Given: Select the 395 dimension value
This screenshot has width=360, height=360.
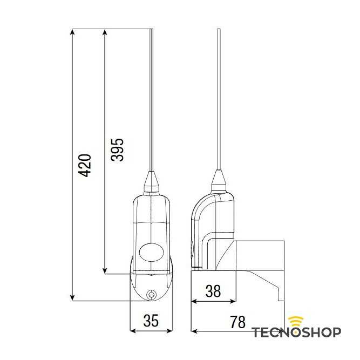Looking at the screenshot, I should pos(117,150).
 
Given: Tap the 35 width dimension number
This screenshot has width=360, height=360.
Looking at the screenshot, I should pos(152,321).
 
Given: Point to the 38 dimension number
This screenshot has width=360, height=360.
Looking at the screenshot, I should pos(213,291).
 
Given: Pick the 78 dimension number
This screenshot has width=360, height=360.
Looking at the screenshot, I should pos(237,322).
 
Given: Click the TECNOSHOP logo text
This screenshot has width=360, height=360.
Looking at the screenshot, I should pos(296,332).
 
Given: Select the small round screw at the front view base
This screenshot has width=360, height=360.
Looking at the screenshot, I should pos(152,294).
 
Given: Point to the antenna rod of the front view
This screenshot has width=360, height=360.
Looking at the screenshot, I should pos(152,97).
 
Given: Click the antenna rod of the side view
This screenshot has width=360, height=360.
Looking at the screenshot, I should pos(219,97).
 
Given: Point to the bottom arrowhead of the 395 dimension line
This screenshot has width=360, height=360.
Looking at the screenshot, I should pos(104,270).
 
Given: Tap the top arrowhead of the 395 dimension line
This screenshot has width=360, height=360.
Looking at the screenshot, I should pos(104,33).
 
